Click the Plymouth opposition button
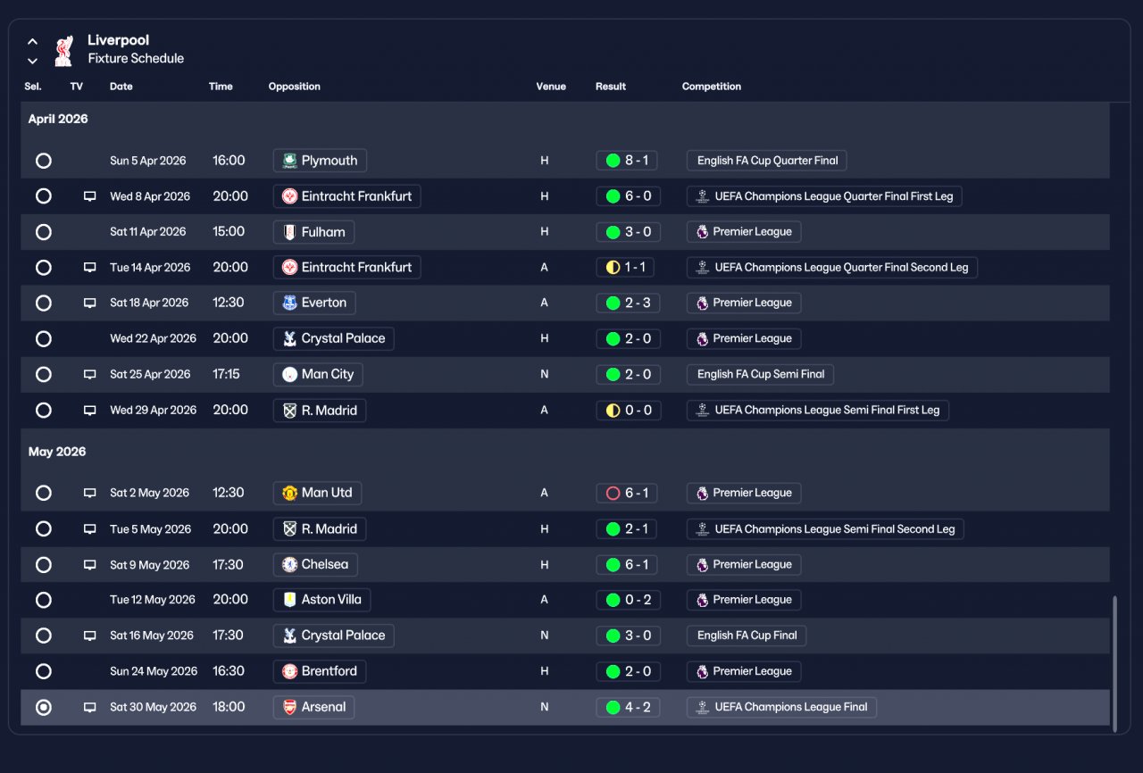pyautogui.click(x=320, y=161)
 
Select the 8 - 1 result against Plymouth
pyautogui.click(x=628, y=161)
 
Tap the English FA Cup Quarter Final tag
pyautogui.click(x=766, y=161)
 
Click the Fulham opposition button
pyautogui.click(x=313, y=232)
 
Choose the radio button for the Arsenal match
pyautogui.click(x=43, y=707)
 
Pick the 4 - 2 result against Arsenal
pyautogui.click(x=628, y=707)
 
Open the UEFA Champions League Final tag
pyautogui.click(x=781, y=707)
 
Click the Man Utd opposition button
pyautogui.click(x=317, y=493)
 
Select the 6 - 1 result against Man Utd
pyautogui.click(x=628, y=493)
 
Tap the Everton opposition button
pyautogui.click(x=314, y=303)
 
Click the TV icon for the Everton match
pyautogui.click(x=89, y=303)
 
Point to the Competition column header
pyautogui.click(x=711, y=87)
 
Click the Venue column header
pyautogui.click(x=550, y=87)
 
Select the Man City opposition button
pyautogui.click(x=318, y=375)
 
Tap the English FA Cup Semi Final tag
pyautogui.click(x=760, y=375)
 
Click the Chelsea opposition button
pyautogui.click(x=315, y=564)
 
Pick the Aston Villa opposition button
pyautogui.click(x=321, y=600)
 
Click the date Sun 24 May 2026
pyautogui.click(x=153, y=671)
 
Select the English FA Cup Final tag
pyautogui.click(x=747, y=636)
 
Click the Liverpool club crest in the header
pyautogui.click(x=63, y=51)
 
